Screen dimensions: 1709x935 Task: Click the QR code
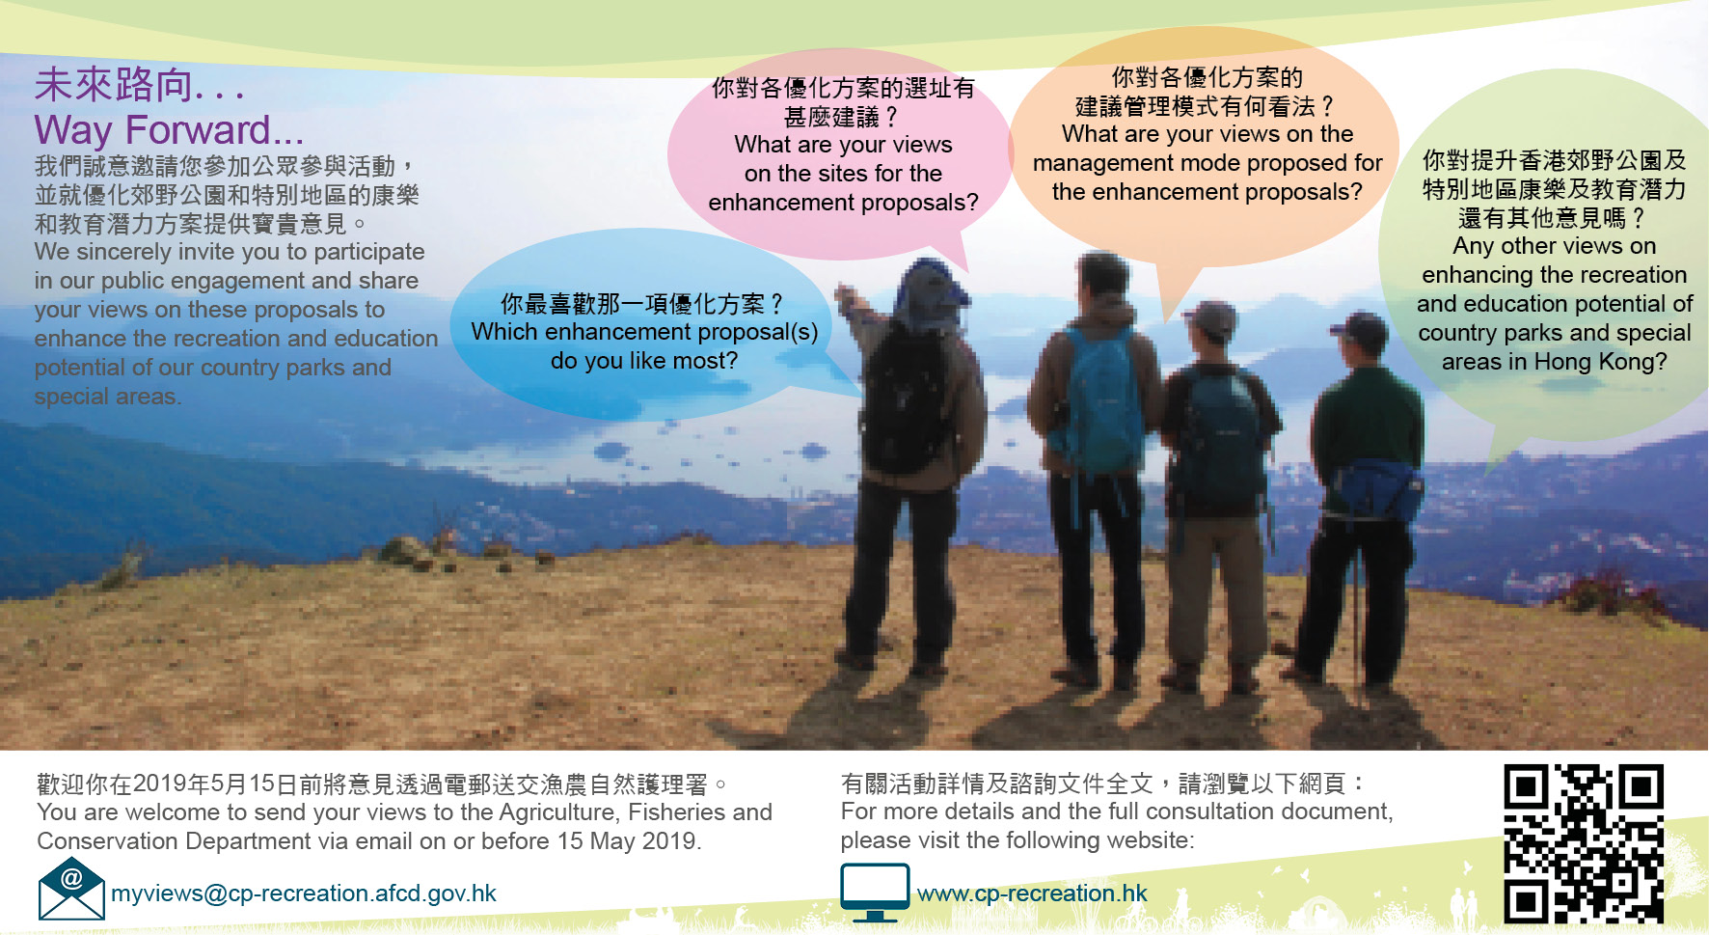pos(1584,843)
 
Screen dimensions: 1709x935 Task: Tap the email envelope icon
pos(71,889)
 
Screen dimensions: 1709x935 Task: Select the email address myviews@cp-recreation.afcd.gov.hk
pos(304,894)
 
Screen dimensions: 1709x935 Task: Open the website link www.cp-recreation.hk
pos(1032,894)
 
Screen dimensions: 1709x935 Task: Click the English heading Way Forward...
pos(169,130)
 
